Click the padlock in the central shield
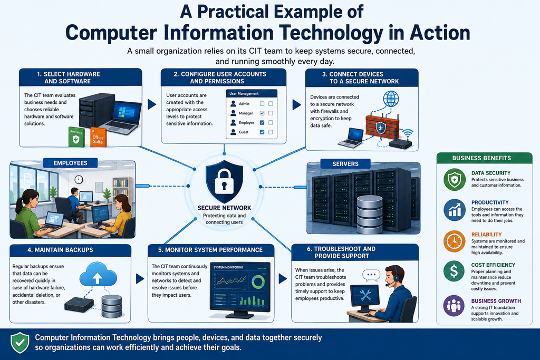224,181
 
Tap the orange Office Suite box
98,138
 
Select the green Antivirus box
76,137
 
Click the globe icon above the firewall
391,99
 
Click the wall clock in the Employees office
79,179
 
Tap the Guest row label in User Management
244,132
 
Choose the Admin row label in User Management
244,104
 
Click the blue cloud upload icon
98,274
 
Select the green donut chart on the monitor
258,281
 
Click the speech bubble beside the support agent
371,275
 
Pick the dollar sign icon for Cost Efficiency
454,271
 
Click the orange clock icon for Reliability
454,241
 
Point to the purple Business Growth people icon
454,306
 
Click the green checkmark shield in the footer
20,343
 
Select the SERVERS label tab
345,164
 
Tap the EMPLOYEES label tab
70,163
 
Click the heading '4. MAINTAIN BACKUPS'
60,250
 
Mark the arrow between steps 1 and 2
152,104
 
